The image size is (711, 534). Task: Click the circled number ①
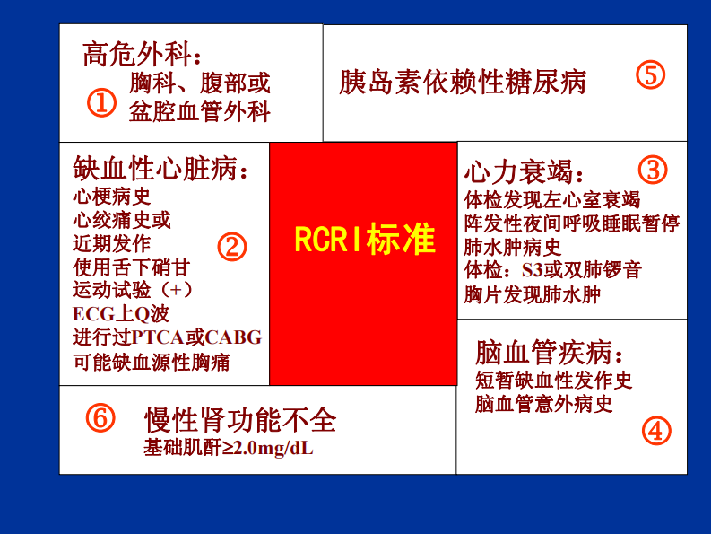point(101,103)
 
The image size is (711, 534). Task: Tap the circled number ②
point(231,247)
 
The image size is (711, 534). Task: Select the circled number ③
point(653,169)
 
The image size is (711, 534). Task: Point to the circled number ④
point(656,432)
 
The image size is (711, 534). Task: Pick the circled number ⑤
point(651,75)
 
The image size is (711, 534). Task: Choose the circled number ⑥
point(101,417)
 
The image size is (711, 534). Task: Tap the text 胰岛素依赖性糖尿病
point(463,82)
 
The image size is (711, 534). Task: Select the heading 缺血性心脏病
point(160,168)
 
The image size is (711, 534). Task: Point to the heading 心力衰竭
point(524,172)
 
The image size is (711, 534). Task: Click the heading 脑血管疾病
point(548,351)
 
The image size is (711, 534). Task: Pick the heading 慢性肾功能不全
point(240,419)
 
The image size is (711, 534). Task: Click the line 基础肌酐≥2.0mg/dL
point(229,447)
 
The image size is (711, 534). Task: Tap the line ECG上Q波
point(121,314)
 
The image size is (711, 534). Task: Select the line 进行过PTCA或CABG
point(168,338)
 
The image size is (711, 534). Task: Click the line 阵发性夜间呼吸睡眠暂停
point(572,222)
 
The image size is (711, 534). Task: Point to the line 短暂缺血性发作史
point(554,381)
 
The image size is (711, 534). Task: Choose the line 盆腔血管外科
point(199,111)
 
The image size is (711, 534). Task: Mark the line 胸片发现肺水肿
point(532,293)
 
